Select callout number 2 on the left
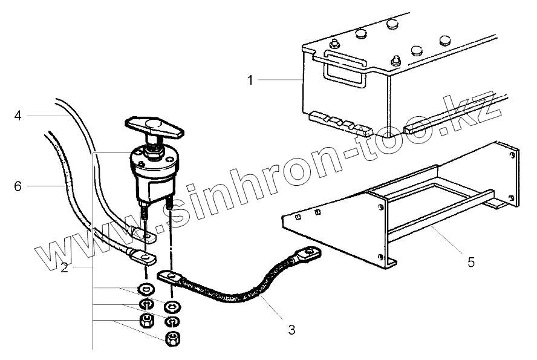click(63, 267)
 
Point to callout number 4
click(18, 114)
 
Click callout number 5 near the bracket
click(470, 262)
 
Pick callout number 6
click(18, 186)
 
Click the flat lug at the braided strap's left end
click(171, 277)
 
